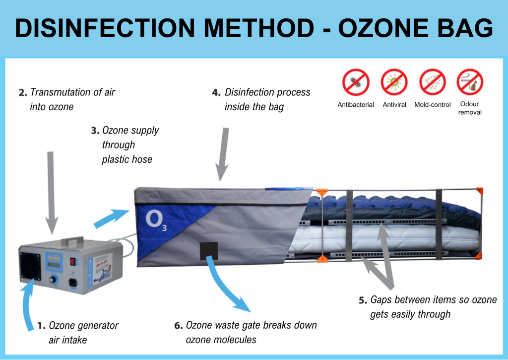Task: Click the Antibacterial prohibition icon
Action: pyautogui.click(x=356, y=82)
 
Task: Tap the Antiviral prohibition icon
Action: pyautogui.click(x=394, y=82)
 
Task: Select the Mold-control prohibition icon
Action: pyautogui.click(x=433, y=82)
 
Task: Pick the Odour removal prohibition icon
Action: pyautogui.click(x=470, y=82)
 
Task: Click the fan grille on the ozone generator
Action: pyautogui.click(x=30, y=265)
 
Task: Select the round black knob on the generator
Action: pyautogui.click(x=52, y=281)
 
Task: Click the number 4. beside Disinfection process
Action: pyautogui.click(x=216, y=92)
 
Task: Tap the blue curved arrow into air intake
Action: pyautogui.click(x=27, y=308)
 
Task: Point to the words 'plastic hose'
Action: pyautogui.click(x=127, y=159)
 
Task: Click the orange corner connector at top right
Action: pyautogui.click(x=479, y=190)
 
